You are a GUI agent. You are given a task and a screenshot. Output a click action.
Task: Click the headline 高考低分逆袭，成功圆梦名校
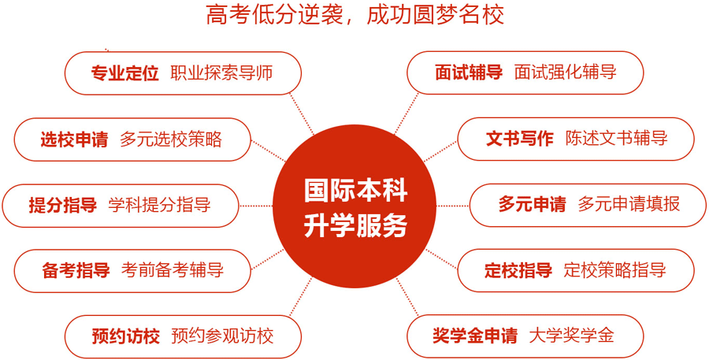(x=355, y=16)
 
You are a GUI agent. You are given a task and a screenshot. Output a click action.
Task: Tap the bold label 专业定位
(x=124, y=72)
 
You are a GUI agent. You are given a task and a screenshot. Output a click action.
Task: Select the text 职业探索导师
(x=221, y=72)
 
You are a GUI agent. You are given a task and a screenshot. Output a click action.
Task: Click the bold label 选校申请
(x=74, y=139)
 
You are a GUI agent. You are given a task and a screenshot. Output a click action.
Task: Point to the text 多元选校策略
(x=171, y=139)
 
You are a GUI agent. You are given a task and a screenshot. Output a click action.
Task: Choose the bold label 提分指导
(x=63, y=205)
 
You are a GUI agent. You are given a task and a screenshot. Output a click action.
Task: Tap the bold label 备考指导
(x=76, y=270)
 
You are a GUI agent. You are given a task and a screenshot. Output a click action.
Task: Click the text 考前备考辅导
(x=173, y=270)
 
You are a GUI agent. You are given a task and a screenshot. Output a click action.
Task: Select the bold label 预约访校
(x=126, y=336)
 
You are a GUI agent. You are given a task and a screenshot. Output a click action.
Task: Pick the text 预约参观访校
(x=222, y=336)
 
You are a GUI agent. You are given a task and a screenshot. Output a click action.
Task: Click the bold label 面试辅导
(x=469, y=72)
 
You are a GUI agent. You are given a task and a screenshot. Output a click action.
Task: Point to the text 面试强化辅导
(x=565, y=72)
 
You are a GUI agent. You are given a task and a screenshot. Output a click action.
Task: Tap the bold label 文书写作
(x=520, y=139)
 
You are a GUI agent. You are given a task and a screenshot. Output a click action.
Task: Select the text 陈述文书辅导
(x=616, y=139)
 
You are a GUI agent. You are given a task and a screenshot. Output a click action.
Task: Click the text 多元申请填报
(x=629, y=204)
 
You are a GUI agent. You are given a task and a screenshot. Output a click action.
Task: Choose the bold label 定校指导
(x=518, y=270)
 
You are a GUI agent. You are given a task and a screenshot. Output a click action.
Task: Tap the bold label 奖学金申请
(x=475, y=336)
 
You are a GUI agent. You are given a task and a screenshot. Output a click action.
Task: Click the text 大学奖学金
(x=572, y=336)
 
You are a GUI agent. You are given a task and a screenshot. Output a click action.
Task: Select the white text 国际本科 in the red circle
(x=355, y=191)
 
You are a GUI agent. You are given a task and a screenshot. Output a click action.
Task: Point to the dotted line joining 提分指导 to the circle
(x=256, y=206)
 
